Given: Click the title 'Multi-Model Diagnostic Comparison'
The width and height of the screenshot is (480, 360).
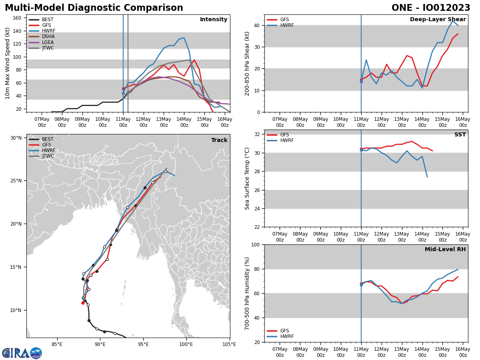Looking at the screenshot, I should coord(94,8).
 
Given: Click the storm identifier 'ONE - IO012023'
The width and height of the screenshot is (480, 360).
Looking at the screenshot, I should coord(431,8).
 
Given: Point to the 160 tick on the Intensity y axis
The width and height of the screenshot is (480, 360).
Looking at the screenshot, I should coord(17,18).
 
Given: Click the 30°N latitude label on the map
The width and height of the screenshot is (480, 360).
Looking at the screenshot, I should coord(16,138).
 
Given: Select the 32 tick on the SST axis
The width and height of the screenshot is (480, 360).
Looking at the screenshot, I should coord(256,134).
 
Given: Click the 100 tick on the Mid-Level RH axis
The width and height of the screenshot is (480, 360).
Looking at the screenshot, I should coord(255,244).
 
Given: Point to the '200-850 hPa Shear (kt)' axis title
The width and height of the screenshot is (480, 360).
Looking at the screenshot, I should coord(248,63).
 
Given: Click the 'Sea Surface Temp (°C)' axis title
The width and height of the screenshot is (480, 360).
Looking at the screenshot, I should coord(248,178).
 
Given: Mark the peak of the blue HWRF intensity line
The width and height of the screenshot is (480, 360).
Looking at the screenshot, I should coord(184,38).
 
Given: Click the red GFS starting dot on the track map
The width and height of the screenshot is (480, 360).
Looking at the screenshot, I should coord(83,303).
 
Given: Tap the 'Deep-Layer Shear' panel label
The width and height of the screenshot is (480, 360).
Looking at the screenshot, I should coord(438,20).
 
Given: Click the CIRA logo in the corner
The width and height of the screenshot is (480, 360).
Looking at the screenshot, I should coord(22,353).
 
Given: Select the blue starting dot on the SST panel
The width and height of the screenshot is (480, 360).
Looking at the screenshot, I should coord(361,150).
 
